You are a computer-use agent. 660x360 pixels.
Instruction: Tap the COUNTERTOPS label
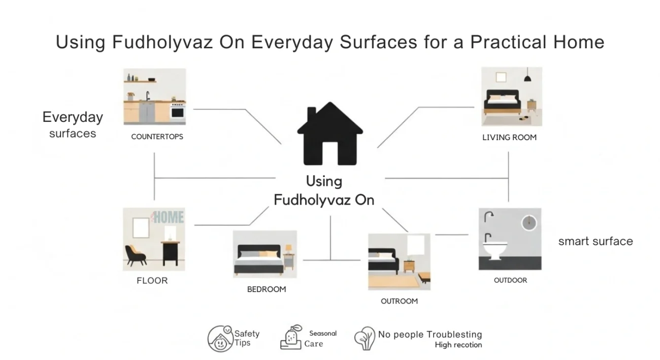click(157, 137)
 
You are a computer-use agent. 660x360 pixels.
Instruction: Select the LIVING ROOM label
click(509, 137)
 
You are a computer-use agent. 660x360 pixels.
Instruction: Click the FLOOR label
click(152, 280)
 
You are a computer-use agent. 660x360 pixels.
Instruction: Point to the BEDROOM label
click(267, 289)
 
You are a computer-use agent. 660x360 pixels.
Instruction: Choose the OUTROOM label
click(399, 301)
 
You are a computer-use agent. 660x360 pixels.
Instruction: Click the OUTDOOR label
click(510, 280)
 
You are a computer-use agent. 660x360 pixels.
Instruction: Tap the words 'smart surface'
click(596, 241)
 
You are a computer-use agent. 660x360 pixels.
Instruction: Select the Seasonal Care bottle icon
click(291, 338)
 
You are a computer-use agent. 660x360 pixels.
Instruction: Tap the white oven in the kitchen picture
click(178, 112)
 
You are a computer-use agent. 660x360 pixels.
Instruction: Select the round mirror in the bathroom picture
click(529, 223)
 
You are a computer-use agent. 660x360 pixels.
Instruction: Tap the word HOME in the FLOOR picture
click(169, 217)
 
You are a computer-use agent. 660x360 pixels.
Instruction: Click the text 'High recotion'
click(458, 345)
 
